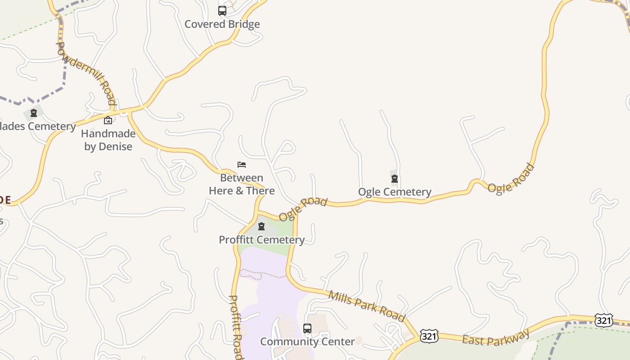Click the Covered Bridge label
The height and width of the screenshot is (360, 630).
coord(222,24)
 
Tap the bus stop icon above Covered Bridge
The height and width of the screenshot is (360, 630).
coord(222,10)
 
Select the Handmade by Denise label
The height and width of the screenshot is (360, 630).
coord(108,140)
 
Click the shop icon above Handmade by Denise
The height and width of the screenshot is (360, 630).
coord(108,120)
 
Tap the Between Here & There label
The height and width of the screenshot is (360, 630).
coord(242,184)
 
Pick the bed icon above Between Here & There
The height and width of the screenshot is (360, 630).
coord(242,165)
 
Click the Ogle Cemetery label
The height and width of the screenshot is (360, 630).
coord(395,192)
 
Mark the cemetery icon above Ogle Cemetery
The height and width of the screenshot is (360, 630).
coord(395,179)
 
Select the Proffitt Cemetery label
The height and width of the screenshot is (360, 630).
coord(261,240)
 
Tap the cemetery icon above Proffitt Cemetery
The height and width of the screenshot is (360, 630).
coord(261,226)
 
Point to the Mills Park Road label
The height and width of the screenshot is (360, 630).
coord(367,306)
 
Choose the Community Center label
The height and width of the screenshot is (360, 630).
coord(307,342)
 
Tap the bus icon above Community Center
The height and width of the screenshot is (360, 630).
coord(307,328)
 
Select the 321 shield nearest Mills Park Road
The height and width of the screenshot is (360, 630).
coord(429,336)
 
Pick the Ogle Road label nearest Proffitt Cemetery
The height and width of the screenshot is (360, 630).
coord(303,209)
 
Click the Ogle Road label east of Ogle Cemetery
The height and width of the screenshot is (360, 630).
coord(511,178)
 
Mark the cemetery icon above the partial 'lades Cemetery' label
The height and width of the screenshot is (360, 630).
coord(34,112)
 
